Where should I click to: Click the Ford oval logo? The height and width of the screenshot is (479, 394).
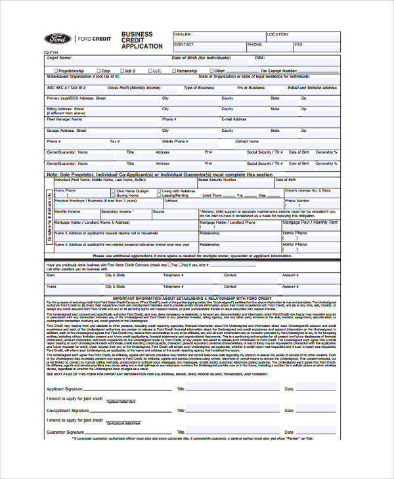coord(58,38)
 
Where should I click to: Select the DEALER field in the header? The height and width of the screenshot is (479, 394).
coord(217,35)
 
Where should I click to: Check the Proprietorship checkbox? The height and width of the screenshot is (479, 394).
coord(56,70)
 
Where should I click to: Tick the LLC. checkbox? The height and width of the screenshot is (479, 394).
coord(150,70)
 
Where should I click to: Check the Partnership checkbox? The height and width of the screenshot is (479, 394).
coord(172,70)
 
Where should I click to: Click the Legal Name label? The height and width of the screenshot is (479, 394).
coord(59,58)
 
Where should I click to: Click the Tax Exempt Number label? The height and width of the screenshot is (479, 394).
coord(278,70)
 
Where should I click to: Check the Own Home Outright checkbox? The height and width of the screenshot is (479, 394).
coord(114,191)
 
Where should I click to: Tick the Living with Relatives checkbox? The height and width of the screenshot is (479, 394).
coord(159,191)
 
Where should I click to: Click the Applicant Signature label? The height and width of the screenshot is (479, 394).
coord(64,389)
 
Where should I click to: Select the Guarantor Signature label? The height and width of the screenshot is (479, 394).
coord(65,432)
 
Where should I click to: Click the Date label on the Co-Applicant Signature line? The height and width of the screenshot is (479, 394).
coord(288,411)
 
